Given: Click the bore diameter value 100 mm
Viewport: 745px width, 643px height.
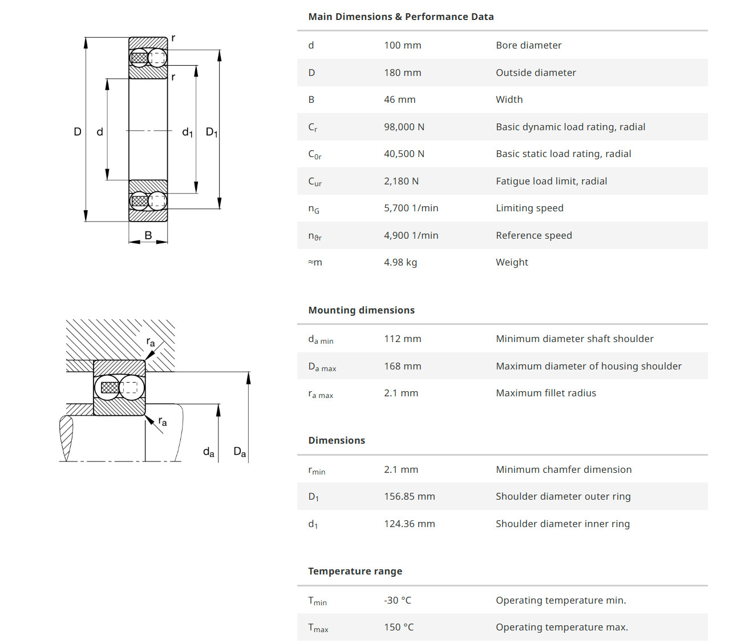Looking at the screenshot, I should click(x=402, y=45).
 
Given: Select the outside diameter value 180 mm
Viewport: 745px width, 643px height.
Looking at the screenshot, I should click(x=402, y=73).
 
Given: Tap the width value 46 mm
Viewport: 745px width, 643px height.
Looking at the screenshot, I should click(x=399, y=99).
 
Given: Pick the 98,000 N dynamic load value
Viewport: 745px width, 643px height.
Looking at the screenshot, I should click(x=404, y=127).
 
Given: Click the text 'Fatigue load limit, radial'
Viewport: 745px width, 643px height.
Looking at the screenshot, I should click(x=551, y=181).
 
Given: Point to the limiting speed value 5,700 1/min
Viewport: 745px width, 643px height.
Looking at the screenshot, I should click(x=411, y=208).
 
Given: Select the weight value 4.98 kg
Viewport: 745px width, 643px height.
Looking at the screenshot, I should click(x=400, y=262).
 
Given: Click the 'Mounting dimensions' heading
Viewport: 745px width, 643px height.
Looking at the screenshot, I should click(x=361, y=310).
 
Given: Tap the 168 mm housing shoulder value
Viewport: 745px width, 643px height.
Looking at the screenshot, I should click(x=402, y=366).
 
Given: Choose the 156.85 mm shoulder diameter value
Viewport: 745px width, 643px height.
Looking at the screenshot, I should click(x=409, y=496).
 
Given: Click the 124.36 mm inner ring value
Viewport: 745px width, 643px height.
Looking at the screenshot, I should click(x=409, y=524).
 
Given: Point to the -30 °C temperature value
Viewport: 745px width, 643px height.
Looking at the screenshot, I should click(x=397, y=600).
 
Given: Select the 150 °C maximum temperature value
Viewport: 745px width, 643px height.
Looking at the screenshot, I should click(x=398, y=627).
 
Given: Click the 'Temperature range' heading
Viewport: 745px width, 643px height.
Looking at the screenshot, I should click(x=355, y=571).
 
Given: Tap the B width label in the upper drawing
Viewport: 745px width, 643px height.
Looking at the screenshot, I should click(x=148, y=235).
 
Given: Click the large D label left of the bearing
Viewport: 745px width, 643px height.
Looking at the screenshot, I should click(x=78, y=132).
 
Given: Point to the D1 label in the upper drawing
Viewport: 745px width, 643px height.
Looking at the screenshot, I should click(x=212, y=132).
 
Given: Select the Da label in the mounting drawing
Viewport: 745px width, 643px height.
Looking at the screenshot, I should click(x=240, y=452).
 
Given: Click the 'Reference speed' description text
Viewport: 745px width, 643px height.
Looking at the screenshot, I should click(x=533, y=235).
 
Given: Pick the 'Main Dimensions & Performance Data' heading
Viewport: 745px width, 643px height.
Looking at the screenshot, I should click(x=400, y=17).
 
